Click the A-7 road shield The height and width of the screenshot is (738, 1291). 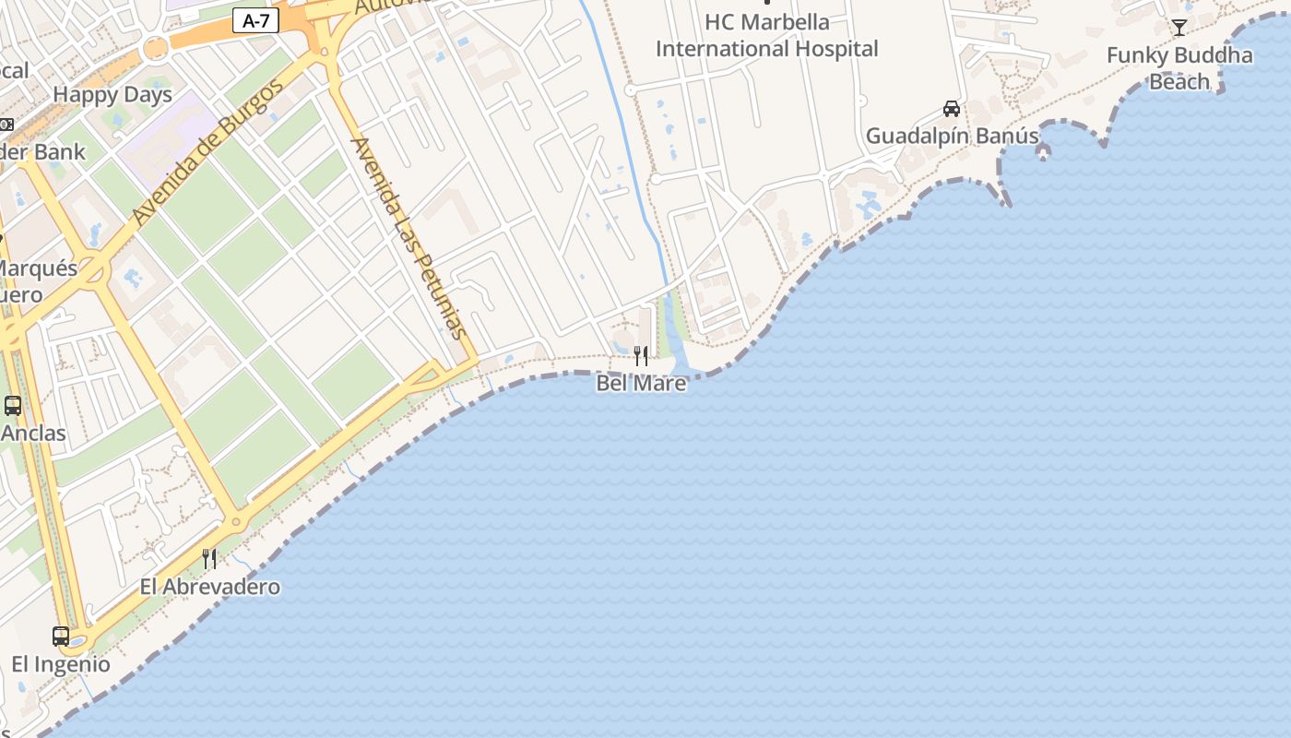[x=255, y=20]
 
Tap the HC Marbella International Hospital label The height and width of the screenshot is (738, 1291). [x=767, y=35]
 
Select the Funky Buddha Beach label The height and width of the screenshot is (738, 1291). [x=1179, y=68]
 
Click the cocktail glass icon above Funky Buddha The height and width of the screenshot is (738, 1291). [x=1178, y=27]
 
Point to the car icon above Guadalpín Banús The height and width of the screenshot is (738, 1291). [x=952, y=109]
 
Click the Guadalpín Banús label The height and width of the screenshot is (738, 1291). [x=952, y=137]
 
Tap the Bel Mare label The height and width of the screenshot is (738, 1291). [x=641, y=383]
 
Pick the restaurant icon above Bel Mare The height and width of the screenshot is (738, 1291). [x=641, y=355]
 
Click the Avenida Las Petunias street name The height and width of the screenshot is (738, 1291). [x=410, y=237]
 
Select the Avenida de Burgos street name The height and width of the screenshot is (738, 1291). [x=207, y=153]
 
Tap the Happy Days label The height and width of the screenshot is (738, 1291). [x=113, y=95]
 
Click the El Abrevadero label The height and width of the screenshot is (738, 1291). [x=210, y=587]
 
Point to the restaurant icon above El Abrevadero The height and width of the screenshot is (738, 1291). [x=209, y=558]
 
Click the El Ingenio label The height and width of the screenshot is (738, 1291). [x=61, y=664]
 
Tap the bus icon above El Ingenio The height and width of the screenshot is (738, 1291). [x=61, y=636]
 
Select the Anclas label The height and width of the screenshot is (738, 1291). [x=34, y=433]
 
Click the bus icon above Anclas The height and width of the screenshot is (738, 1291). [x=13, y=405]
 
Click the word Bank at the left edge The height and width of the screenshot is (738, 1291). [x=60, y=152]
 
